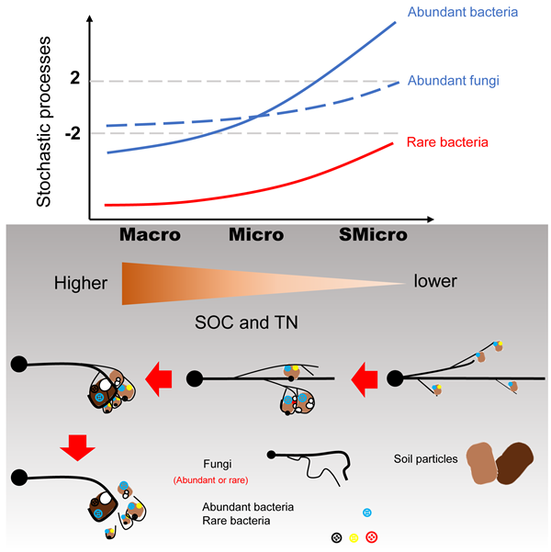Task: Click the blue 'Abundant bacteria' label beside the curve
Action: click(x=463, y=14)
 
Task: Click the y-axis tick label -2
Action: click(x=71, y=134)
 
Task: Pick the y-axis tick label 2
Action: click(x=75, y=81)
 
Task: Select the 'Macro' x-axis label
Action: click(x=150, y=235)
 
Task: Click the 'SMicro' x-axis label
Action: click(x=374, y=235)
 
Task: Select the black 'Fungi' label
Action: click(x=220, y=464)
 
